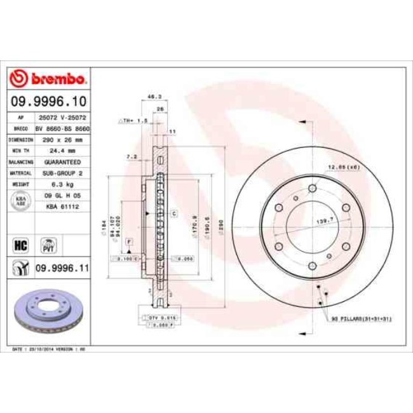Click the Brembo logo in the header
click(x=48, y=78)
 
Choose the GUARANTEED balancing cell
click(x=62, y=162)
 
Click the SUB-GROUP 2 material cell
click(x=62, y=173)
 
